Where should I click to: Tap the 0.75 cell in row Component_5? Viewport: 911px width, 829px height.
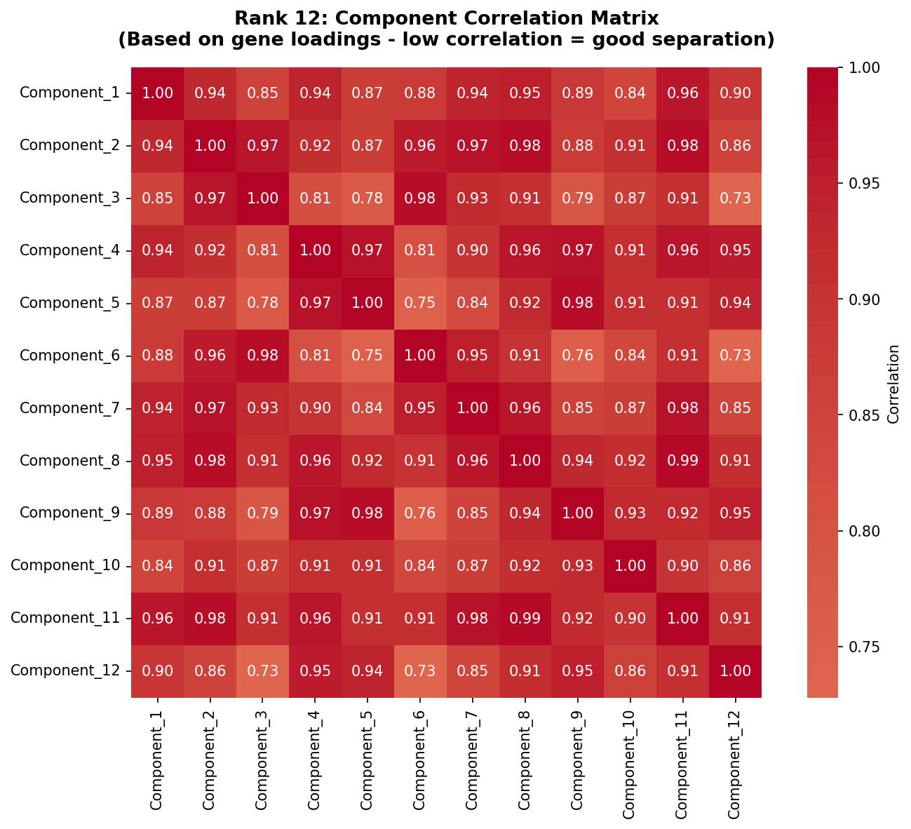point(420,303)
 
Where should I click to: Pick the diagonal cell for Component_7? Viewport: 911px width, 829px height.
point(473,408)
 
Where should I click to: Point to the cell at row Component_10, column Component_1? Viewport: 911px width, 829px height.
point(157,566)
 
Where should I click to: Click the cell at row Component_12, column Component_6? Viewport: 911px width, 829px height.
point(420,671)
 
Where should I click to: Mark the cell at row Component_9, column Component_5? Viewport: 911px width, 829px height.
point(367,513)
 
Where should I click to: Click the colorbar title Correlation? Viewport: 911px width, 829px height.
point(893,384)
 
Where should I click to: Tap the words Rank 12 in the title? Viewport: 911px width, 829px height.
point(271,18)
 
